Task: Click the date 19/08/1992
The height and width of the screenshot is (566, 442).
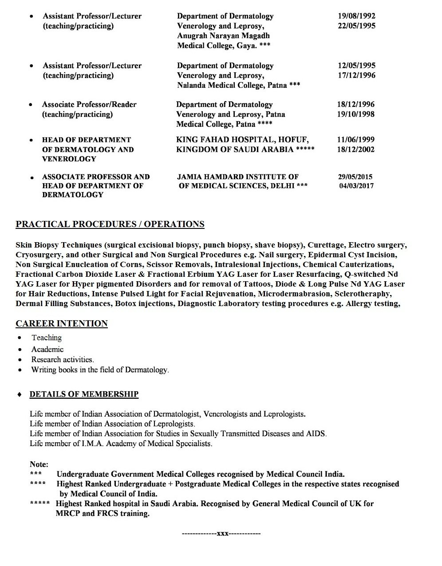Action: click(x=356, y=16)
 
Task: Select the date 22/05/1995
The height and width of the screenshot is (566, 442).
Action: click(x=356, y=26)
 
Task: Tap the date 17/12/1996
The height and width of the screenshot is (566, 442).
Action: click(x=356, y=75)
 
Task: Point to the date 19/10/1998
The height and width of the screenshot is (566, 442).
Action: click(x=355, y=114)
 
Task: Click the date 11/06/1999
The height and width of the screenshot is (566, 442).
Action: click(x=355, y=140)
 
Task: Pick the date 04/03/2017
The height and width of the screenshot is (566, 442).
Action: click(x=356, y=186)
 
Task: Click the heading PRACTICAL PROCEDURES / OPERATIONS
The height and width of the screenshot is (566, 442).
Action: click(x=110, y=224)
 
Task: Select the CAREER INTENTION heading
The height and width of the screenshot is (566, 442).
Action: click(x=62, y=323)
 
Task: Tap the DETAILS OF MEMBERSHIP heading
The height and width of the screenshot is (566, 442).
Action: click(x=84, y=394)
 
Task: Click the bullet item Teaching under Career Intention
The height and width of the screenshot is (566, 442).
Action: click(x=47, y=338)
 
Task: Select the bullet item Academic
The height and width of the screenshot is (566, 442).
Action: click(x=47, y=349)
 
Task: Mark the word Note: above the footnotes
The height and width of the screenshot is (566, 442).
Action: click(x=39, y=464)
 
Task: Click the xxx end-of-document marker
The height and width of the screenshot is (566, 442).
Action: click(x=221, y=533)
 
